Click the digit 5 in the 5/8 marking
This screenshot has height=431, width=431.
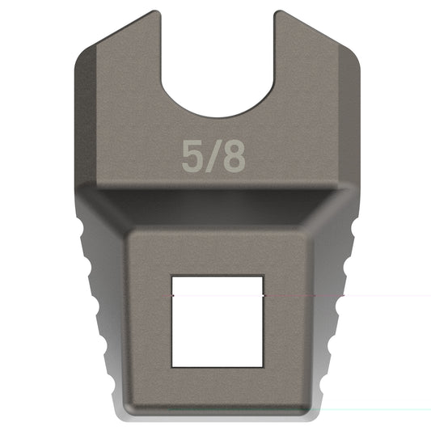(x=192, y=158)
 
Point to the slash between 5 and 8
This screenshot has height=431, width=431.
(x=213, y=158)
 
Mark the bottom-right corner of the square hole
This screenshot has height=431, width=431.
(x=263, y=361)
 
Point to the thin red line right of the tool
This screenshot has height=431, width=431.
(x=380, y=295)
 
